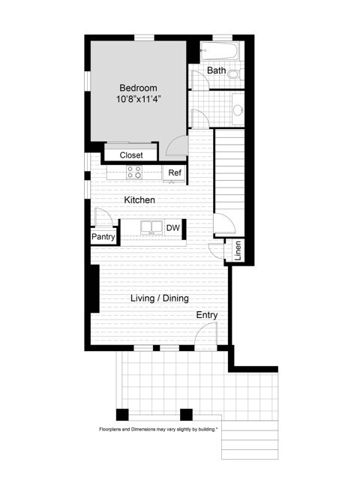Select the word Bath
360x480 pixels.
tap(216, 70)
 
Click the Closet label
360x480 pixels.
tap(131, 155)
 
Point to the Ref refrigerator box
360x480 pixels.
tap(174, 173)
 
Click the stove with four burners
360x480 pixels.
tap(134, 172)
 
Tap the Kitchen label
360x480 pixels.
tap(139, 200)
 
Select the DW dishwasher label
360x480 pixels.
tap(172, 228)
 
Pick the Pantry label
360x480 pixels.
tap(103, 237)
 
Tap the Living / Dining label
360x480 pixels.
tap(159, 298)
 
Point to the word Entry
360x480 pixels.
tap(207, 315)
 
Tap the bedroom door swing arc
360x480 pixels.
tap(178, 147)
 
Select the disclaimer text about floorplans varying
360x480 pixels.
tap(158, 430)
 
